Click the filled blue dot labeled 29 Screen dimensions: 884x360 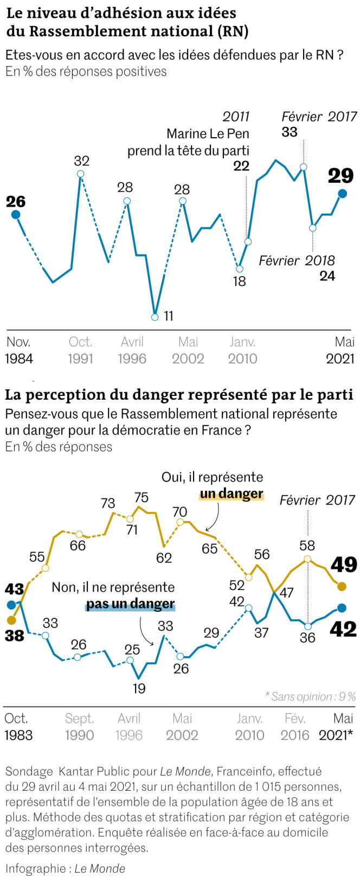click(342, 194)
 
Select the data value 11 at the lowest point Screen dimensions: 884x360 click(168, 316)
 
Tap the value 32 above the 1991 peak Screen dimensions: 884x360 click(81, 161)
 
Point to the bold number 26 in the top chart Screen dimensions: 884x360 click(16, 202)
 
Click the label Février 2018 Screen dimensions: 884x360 click(297, 260)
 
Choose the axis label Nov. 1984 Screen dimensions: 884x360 click(19, 350)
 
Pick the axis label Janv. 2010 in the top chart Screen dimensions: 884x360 click(242, 350)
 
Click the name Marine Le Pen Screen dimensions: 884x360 click(208, 133)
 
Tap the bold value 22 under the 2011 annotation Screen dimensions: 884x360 click(241, 166)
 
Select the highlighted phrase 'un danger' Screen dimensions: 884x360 click(232, 494)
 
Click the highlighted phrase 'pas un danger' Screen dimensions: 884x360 click(130, 604)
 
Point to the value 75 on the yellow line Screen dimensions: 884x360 click(141, 497)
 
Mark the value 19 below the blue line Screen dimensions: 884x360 click(139, 689)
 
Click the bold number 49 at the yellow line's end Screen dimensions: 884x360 click(344, 565)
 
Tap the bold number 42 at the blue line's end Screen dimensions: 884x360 click(344, 629)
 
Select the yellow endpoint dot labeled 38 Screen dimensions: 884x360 click(11, 620)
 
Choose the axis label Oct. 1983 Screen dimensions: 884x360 click(18, 727)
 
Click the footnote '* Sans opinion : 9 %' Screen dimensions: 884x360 click(310, 696)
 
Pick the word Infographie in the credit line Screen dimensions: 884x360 click(35, 868)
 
